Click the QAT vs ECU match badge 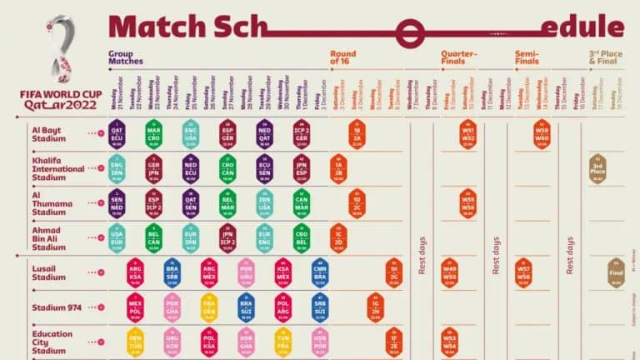pyautogui.click(x=116, y=133)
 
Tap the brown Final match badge pyautogui.click(x=616, y=272)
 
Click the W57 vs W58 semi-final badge pyautogui.click(x=523, y=272)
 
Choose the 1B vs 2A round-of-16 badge pyautogui.click(x=357, y=133)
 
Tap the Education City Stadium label pyautogui.click(x=52, y=342)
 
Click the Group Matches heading pyautogui.click(x=125, y=57)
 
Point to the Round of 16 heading pyautogui.click(x=343, y=57)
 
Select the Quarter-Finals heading pyautogui.click(x=459, y=57)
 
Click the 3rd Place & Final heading pyautogui.click(x=606, y=57)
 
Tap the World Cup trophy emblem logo pyautogui.click(x=58, y=50)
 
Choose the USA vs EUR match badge pyautogui.click(x=116, y=237)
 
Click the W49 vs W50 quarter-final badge pyautogui.click(x=449, y=272)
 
